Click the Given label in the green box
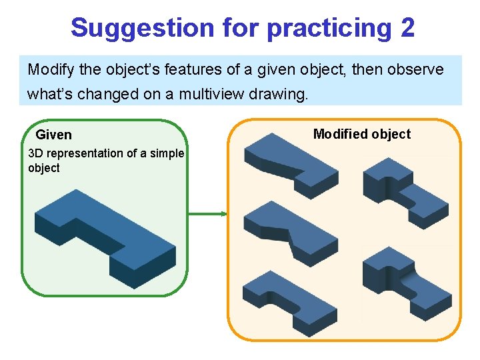click(53, 135)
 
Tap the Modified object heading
click(362, 134)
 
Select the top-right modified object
click(404, 190)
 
